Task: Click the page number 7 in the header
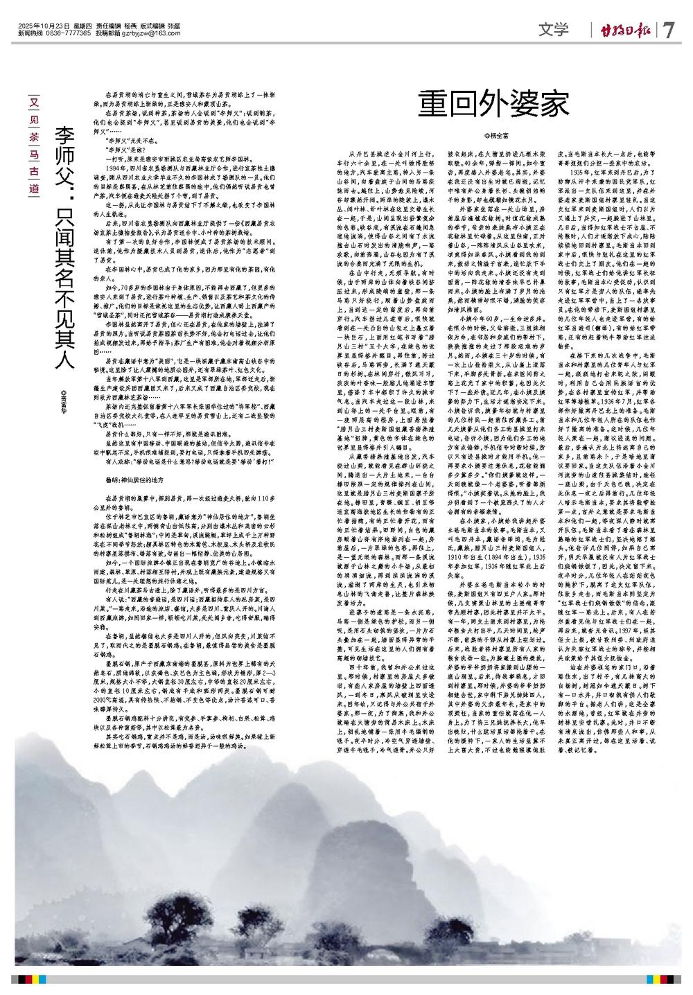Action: click(x=669, y=30)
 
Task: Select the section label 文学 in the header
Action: click(x=552, y=30)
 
